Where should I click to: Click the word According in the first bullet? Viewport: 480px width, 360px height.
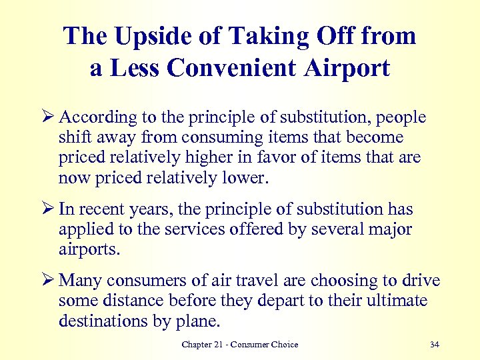(98, 118)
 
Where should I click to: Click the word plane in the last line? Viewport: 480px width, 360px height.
(199, 321)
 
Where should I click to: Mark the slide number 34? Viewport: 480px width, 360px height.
(435, 345)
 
